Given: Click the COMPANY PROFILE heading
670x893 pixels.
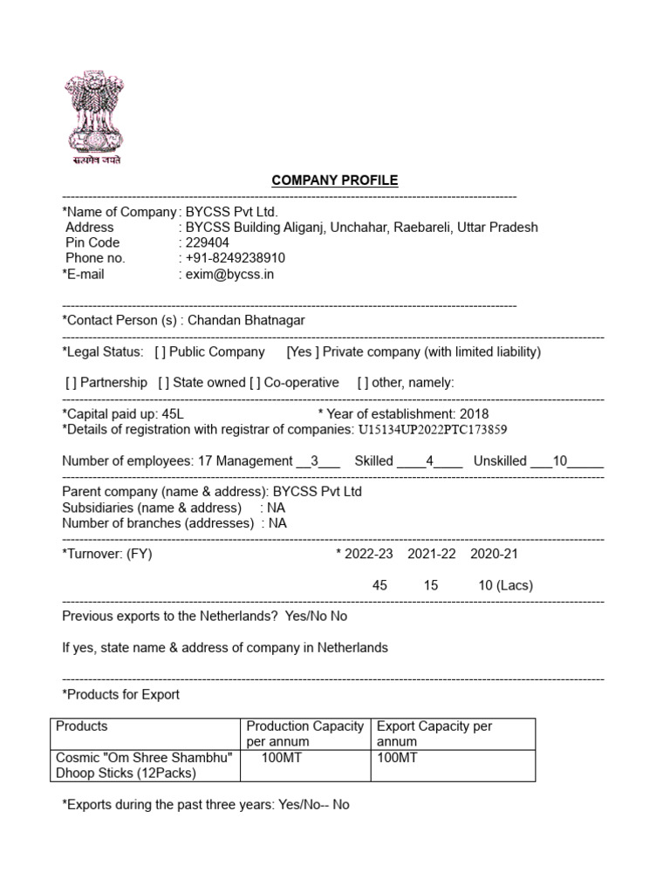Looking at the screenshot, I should (334, 181).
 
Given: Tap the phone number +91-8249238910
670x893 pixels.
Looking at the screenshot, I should (236, 258).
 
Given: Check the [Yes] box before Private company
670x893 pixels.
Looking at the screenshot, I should (303, 351).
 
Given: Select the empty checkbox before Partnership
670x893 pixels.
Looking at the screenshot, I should (71, 383).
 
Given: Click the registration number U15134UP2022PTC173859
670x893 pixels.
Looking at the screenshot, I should (433, 430).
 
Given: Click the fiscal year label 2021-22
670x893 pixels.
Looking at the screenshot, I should (432, 554).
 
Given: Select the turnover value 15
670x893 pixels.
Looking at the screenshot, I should (431, 585).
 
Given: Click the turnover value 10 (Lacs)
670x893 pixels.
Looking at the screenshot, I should (505, 585).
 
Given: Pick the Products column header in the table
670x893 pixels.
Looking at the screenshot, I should (82, 726).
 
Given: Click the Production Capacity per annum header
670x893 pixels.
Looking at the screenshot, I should (304, 733).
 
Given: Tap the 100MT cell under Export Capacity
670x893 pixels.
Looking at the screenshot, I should (397, 758).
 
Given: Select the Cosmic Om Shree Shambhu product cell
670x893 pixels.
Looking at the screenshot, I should (144, 765).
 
